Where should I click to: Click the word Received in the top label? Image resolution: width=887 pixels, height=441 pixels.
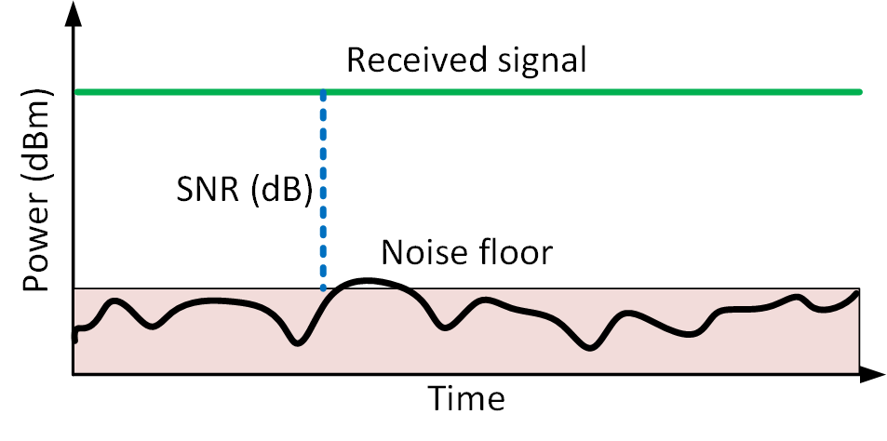[416, 60]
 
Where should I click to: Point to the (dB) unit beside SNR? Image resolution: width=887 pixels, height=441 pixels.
[281, 192]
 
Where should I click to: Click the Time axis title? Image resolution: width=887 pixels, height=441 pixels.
[466, 398]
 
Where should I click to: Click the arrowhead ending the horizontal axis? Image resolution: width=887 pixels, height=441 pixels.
[872, 374]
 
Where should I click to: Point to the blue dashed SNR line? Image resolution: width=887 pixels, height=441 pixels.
[323, 190]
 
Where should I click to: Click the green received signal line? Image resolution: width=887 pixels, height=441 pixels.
[468, 91]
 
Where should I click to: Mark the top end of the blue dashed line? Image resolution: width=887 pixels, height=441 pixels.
[323, 91]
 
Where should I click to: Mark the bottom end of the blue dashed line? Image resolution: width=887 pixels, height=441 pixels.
[323, 289]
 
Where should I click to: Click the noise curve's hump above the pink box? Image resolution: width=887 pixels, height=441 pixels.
[369, 280]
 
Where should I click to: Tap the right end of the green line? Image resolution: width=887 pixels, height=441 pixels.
[859, 91]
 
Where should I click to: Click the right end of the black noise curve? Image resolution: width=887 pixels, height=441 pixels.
[857, 292]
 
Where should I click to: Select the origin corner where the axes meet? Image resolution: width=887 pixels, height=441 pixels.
[73, 374]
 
